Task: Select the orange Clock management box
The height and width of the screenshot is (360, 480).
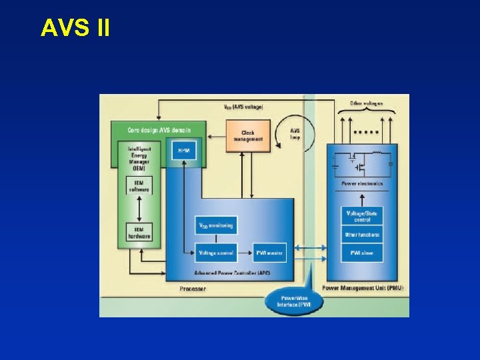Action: [248, 135]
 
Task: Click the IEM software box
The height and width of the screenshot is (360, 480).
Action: [139, 185]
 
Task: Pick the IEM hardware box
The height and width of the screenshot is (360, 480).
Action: [139, 231]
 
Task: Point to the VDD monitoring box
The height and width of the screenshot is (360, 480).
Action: [216, 226]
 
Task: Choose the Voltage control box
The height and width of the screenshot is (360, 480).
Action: [216, 253]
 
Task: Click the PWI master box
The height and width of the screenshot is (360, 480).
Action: [270, 253]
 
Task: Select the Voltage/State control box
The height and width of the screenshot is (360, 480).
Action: [361, 216]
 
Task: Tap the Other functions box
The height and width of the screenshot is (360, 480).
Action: [361, 235]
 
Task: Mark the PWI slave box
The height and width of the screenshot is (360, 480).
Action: [361, 253]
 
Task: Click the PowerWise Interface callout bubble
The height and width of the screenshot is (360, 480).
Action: [293, 301]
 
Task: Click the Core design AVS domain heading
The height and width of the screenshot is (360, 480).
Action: [159, 129]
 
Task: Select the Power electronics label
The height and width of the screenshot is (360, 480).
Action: [362, 183]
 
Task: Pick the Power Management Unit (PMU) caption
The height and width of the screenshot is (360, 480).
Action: [363, 288]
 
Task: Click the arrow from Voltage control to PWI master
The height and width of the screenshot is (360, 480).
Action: [245, 253]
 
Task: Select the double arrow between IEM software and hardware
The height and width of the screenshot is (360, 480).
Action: [139, 209]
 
